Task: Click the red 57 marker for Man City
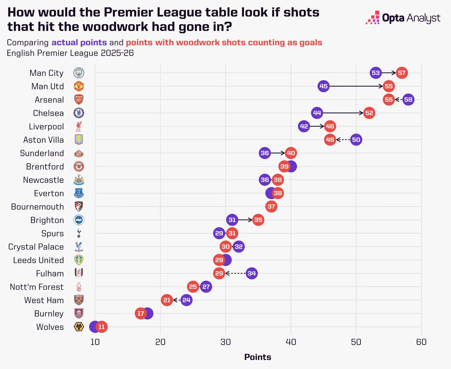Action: click(x=402, y=73)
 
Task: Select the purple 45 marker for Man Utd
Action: click(x=323, y=86)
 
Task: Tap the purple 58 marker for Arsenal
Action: click(x=408, y=100)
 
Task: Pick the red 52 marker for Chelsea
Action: click(x=369, y=113)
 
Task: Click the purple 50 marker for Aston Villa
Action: click(x=356, y=140)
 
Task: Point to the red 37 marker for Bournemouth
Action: click(x=271, y=207)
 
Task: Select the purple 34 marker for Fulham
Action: click(x=252, y=273)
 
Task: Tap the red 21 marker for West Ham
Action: click(x=167, y=300)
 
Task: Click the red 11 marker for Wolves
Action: click(x=101, y=327)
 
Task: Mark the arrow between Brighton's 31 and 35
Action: click(x=245, y=220)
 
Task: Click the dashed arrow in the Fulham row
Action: click(x=235, y=273)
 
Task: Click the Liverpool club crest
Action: click(x=79, y=126)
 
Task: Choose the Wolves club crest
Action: click(x=79, y=327)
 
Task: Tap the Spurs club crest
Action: click(x=79, y=233)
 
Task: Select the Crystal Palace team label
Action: click(x=36, y=247)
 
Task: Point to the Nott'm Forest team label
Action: click(x=37, y=287)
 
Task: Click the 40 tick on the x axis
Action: click(x=291, y=342)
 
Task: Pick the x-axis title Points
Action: click(x=258, y=357)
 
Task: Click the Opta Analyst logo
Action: click(x=403, y=18)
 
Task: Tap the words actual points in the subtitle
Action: click(x=79, y=43)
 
